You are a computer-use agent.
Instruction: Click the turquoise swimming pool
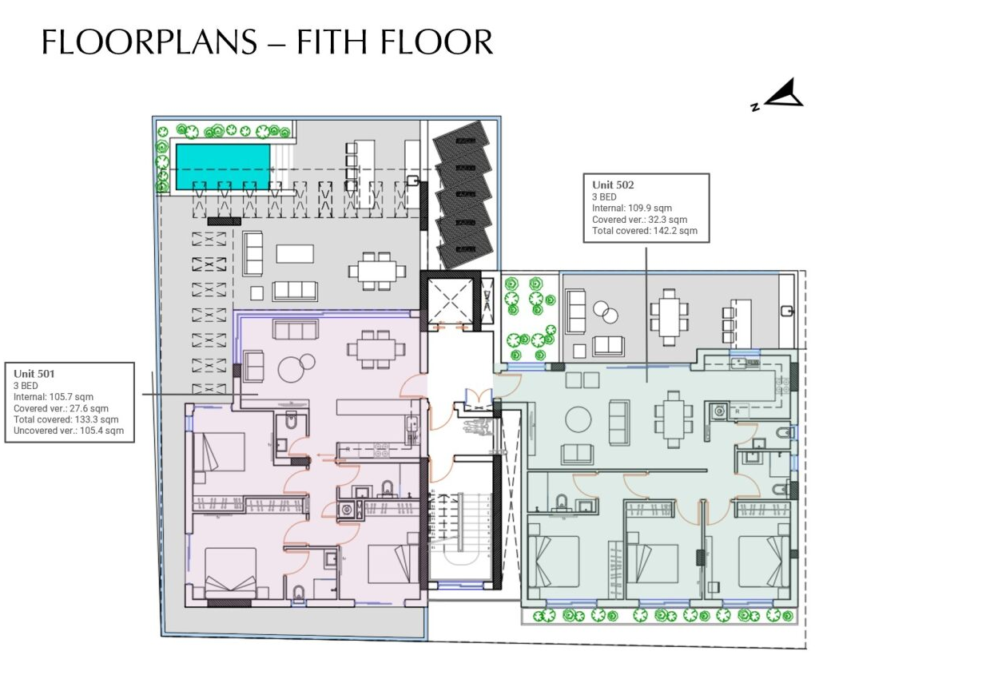[x=222, y=167]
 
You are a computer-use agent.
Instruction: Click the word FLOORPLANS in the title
[x=148, y=42]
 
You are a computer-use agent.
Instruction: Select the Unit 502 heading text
[x=613, y=185]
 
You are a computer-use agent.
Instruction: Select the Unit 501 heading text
[x=34, y=373]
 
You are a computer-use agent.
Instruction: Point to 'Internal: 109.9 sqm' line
[x=631, y=208]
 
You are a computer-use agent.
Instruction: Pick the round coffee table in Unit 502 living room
[x=577, y=419]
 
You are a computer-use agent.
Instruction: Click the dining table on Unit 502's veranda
[x=669, y=316]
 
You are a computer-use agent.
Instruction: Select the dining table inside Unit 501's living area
[x=371, y=349]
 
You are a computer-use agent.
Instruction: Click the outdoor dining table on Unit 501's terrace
[x=375, y=270]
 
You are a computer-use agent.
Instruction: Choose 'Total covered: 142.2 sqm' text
[x=644, y=231]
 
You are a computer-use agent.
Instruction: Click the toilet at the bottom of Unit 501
[x=299, y=594]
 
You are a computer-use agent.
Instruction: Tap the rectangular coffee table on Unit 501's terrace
[x=295, y=253]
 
